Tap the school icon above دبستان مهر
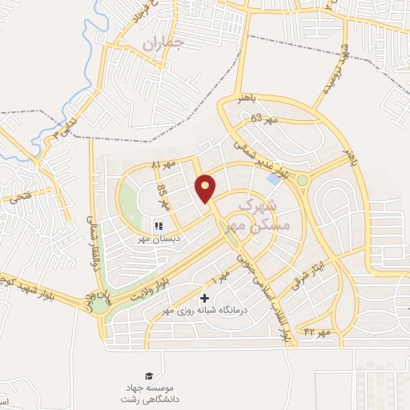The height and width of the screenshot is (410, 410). click(158, 227)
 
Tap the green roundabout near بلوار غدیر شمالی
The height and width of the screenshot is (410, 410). click(303, 180)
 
